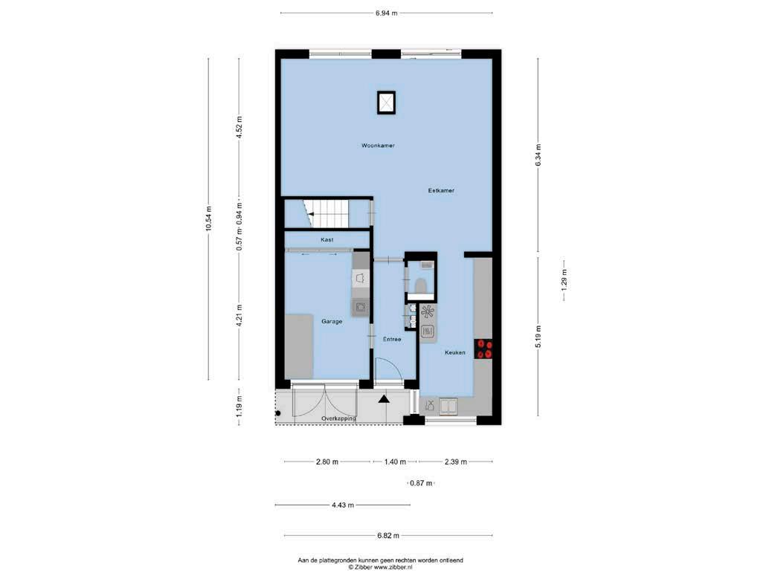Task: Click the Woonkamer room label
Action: pyautogui.click(x=378, y=146)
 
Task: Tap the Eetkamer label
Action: pyautogui.click(x=441, y=190)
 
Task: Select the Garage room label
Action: pyautogui.click(x=332, y=321)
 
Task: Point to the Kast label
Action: pyautogui.click(x=327, y=239)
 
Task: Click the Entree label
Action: pyautogui.click(x=392, y=340)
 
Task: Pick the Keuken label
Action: pyautogui.click(x=455, y=352)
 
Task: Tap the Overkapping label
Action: pyautogui.click(x=338, y=418)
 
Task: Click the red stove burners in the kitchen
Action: pyautogui.click(x=483, y=349)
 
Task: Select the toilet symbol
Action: pyautogui.click(x=421, y=285)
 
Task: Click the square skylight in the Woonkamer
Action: pyautogui.click(x=387, y=103)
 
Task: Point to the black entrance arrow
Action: pyautogui.click(x=384, y=399)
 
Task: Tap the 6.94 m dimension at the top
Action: pyautogui.click(x=387, y=13)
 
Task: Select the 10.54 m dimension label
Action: pyautogui.click(x=209, y=219)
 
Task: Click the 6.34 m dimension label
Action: pyautogui.click(x=538, y=155)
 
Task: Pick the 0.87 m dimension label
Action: pyautogui.click(x=421, y=483)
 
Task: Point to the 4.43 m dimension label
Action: pyautogui.click(x=343, y=505)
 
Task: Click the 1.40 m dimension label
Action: pyautogui.click(x=395, y=462)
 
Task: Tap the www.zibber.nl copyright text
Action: pyautogui.click(x=380, y=566)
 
